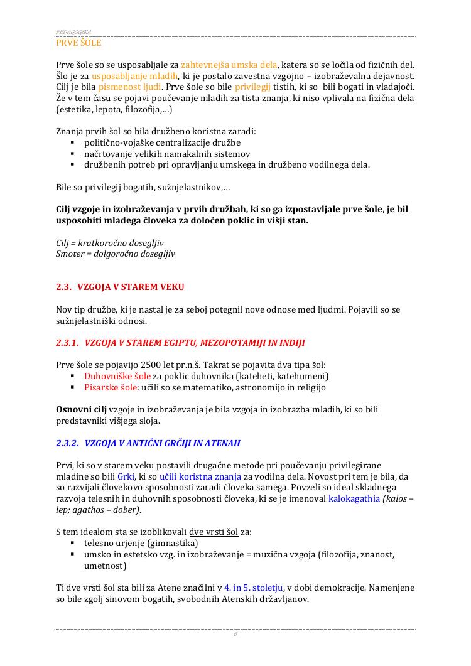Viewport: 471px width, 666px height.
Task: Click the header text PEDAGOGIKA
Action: [73, 31]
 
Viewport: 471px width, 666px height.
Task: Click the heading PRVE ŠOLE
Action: [78, 43]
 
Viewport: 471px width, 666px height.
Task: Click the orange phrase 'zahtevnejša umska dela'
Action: [229, 64]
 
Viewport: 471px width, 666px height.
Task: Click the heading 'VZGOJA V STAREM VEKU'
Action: [131, 287]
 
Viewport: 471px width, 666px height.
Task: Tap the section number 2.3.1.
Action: [67, 343]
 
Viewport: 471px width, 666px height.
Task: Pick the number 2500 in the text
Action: [147, 365]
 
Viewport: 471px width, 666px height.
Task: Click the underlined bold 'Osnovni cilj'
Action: [81, 409]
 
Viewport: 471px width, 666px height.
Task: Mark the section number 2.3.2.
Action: [67, 443]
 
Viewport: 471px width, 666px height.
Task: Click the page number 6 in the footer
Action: [235, 634]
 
